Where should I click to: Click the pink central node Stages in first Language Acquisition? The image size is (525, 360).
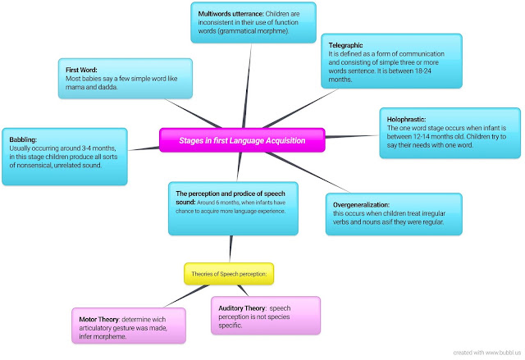242,140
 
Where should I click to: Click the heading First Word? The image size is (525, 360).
81,70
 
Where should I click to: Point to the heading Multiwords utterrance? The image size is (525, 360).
228,15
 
